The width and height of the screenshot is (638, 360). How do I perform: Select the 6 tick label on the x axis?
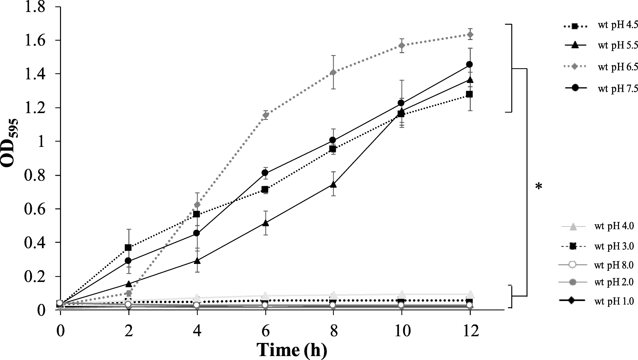click(x=266, y=331)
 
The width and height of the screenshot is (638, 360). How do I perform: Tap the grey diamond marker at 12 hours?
click(x=470, y=34)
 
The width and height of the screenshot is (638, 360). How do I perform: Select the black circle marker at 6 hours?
click(x=265, y=173)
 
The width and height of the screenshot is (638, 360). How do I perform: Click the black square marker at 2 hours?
click(x=128, y=248)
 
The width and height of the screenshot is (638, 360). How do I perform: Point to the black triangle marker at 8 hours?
click(x=333, y=184)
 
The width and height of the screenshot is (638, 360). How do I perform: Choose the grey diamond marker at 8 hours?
click(x=333, y=72)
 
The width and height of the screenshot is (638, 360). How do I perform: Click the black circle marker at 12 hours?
click(x=469, y=64)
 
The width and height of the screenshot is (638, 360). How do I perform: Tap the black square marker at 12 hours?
click(x=469, y=94)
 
